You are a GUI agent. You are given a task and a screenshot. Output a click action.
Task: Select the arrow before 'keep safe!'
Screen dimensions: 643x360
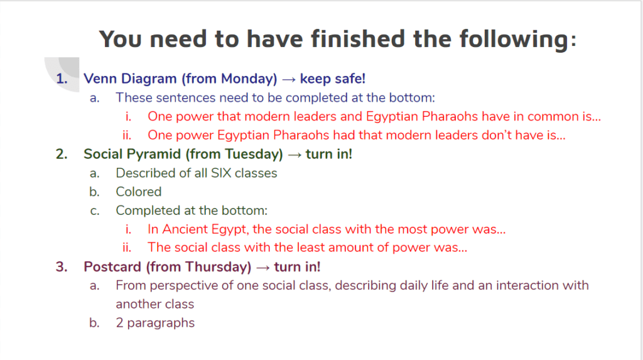tap(289, 79)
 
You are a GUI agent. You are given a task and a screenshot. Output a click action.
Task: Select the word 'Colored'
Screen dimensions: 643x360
tap(139, 192)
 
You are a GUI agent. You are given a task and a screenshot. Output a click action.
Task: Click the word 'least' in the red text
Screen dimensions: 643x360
tap(311, 248)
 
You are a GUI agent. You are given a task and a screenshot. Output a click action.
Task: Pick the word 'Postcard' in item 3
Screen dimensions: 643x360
tap(112, 267)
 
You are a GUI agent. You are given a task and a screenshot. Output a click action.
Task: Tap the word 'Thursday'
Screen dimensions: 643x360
tap(218, 267)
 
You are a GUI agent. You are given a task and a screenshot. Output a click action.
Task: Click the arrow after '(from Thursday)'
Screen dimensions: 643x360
tap(263, 267)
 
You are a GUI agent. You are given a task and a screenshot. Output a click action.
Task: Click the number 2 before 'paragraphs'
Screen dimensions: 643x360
tap(119, 323)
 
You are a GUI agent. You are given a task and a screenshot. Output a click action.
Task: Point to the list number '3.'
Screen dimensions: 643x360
tap(62, 267)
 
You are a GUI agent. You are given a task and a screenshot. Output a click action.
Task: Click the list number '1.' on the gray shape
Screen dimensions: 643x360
tap(62, 79)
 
